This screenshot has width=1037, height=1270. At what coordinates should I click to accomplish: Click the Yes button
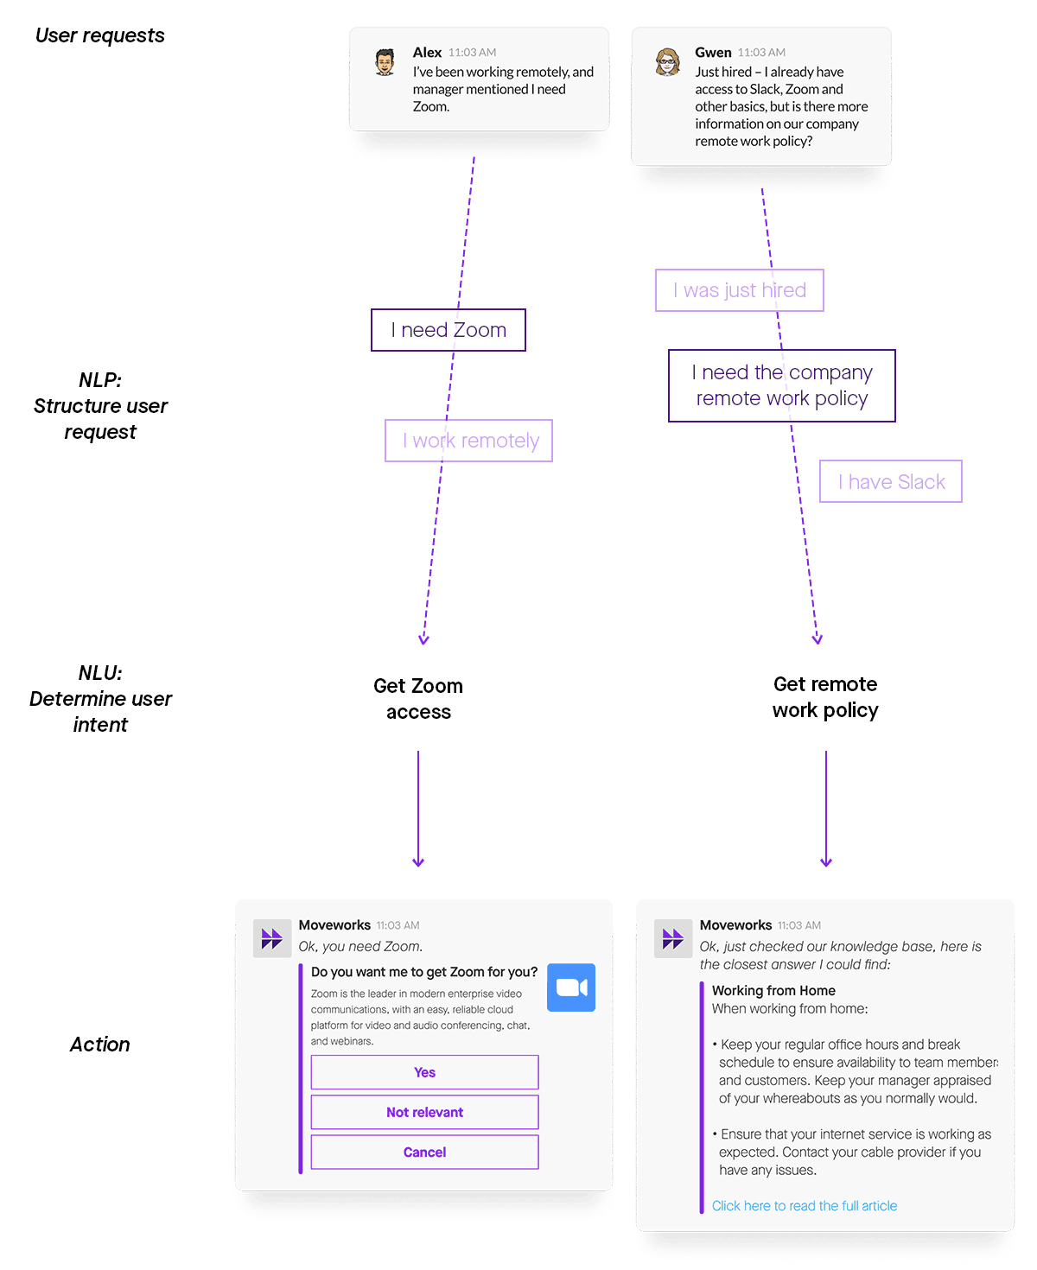[424, 1072]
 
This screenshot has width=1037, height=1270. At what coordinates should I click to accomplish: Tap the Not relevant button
[424, 1112]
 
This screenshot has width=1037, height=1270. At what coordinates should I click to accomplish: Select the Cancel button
[424, 1152]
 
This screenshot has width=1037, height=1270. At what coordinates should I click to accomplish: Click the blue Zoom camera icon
[571, 987]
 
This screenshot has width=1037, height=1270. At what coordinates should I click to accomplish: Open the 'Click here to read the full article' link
[804, 1205]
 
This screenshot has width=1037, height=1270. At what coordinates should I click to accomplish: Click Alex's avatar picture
[385, 62]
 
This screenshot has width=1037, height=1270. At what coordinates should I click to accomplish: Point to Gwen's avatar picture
[667, 62]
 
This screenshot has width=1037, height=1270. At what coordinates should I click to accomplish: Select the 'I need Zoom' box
[448, 330]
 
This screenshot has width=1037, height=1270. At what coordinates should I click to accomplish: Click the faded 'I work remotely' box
[468, 441]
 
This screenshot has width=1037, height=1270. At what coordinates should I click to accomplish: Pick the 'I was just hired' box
[739, 290]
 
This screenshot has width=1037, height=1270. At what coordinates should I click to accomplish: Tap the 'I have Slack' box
[890, 481]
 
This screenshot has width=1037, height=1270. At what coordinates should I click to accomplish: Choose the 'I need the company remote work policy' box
[781, 385]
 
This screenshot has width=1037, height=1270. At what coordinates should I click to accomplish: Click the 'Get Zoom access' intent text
[418, 698]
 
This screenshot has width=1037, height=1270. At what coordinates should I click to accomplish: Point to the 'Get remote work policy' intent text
[825, 696]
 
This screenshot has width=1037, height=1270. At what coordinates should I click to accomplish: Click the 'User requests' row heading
[99, 35]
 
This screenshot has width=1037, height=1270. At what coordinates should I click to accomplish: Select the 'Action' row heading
[99, 1045]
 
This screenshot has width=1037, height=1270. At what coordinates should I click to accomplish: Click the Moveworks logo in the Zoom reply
[271, 938]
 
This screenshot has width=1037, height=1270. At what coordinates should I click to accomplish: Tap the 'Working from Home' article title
[773, 990]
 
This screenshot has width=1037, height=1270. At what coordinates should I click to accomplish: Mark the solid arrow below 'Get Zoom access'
[418, 808]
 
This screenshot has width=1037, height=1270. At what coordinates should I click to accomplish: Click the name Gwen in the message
[713, 52]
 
